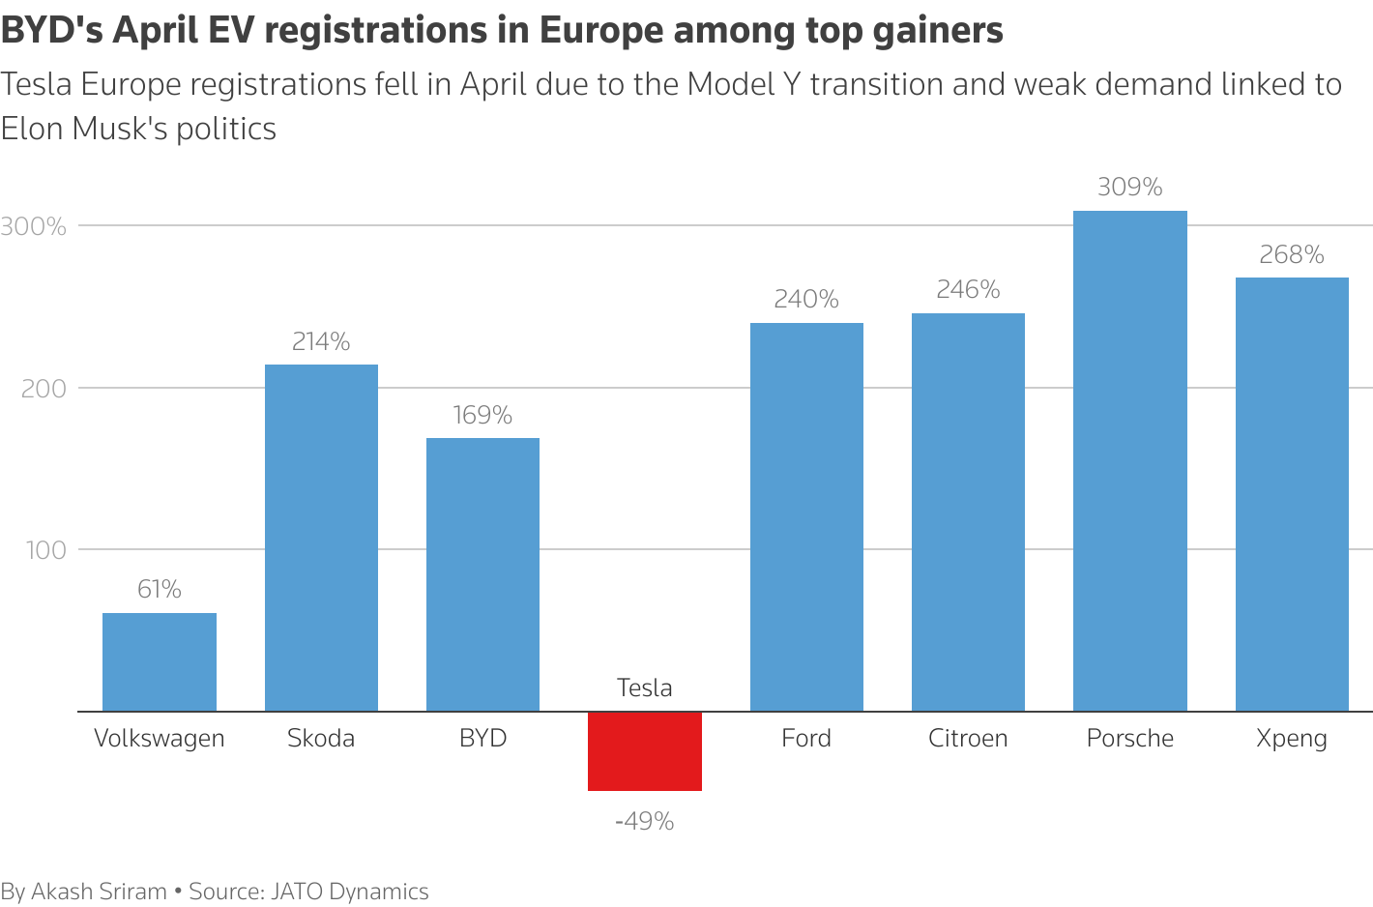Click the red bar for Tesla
644,751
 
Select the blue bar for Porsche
1129,461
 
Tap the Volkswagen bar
160,662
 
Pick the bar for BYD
482,574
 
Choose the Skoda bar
321,538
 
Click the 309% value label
1129,187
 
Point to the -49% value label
644,821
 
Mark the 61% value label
160,589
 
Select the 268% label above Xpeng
1291,254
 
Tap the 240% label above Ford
806,299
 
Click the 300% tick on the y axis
34,226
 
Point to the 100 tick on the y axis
45,550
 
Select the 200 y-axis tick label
44,389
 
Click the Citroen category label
968,738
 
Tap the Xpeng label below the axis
1291,739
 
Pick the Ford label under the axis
806,738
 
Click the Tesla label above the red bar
644,688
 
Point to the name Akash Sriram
99,892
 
